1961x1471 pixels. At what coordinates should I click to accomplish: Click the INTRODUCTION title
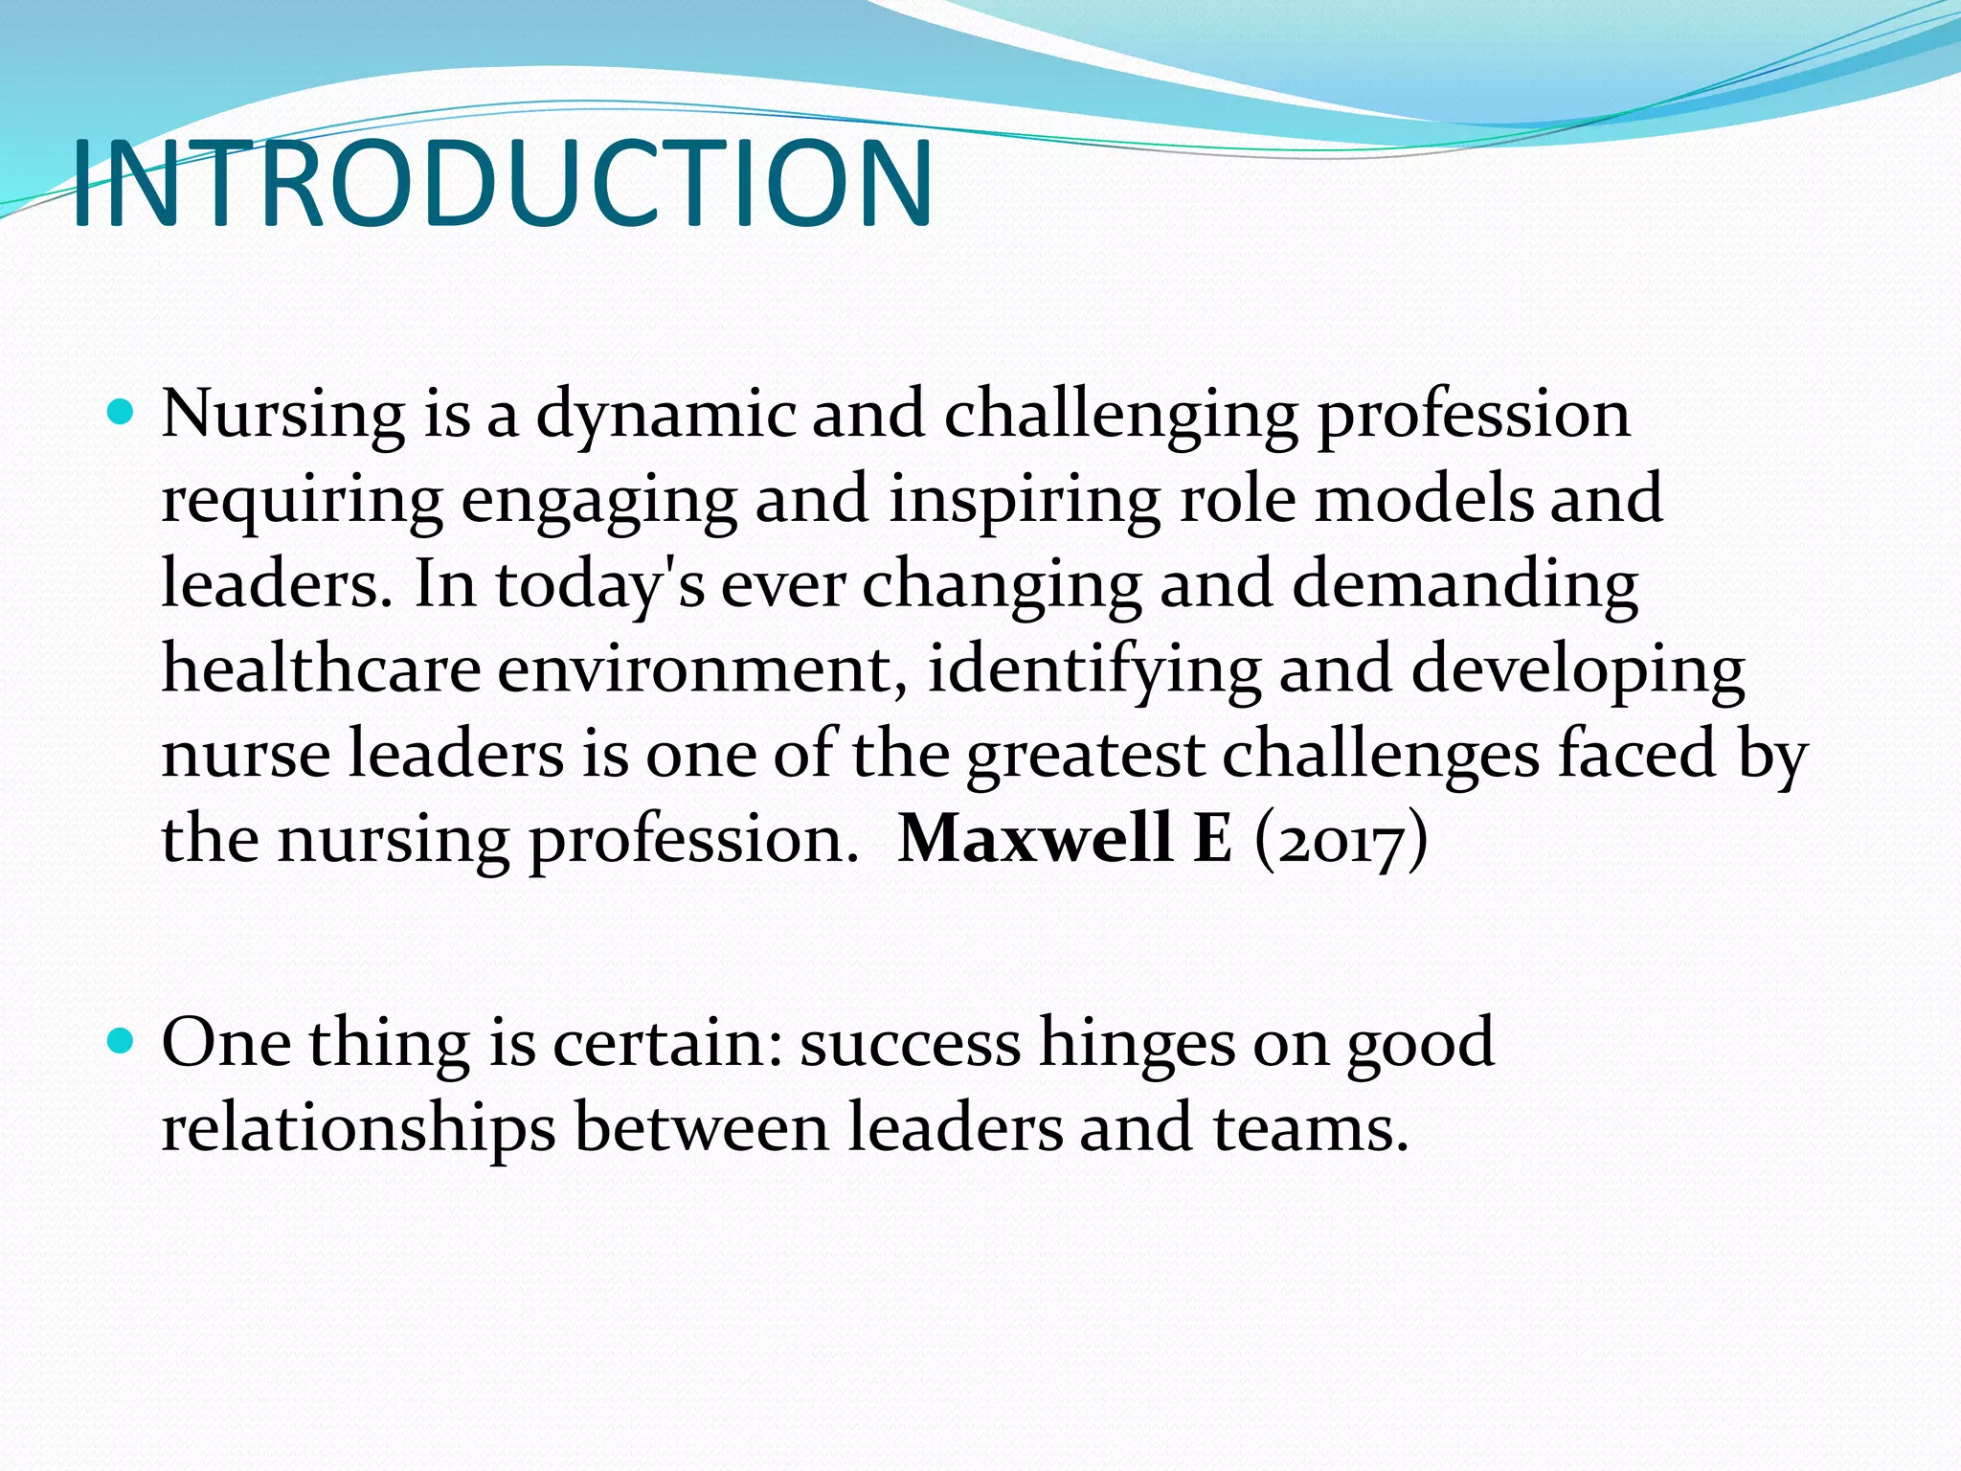502,184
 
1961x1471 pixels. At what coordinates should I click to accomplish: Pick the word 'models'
1424,499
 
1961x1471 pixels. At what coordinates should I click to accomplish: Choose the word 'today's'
599,586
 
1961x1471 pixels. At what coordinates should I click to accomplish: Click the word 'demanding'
1464,586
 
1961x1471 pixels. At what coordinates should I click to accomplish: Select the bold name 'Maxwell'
1035,838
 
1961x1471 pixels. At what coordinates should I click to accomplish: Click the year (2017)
1341,840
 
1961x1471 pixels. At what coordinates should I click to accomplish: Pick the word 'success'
911,1044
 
